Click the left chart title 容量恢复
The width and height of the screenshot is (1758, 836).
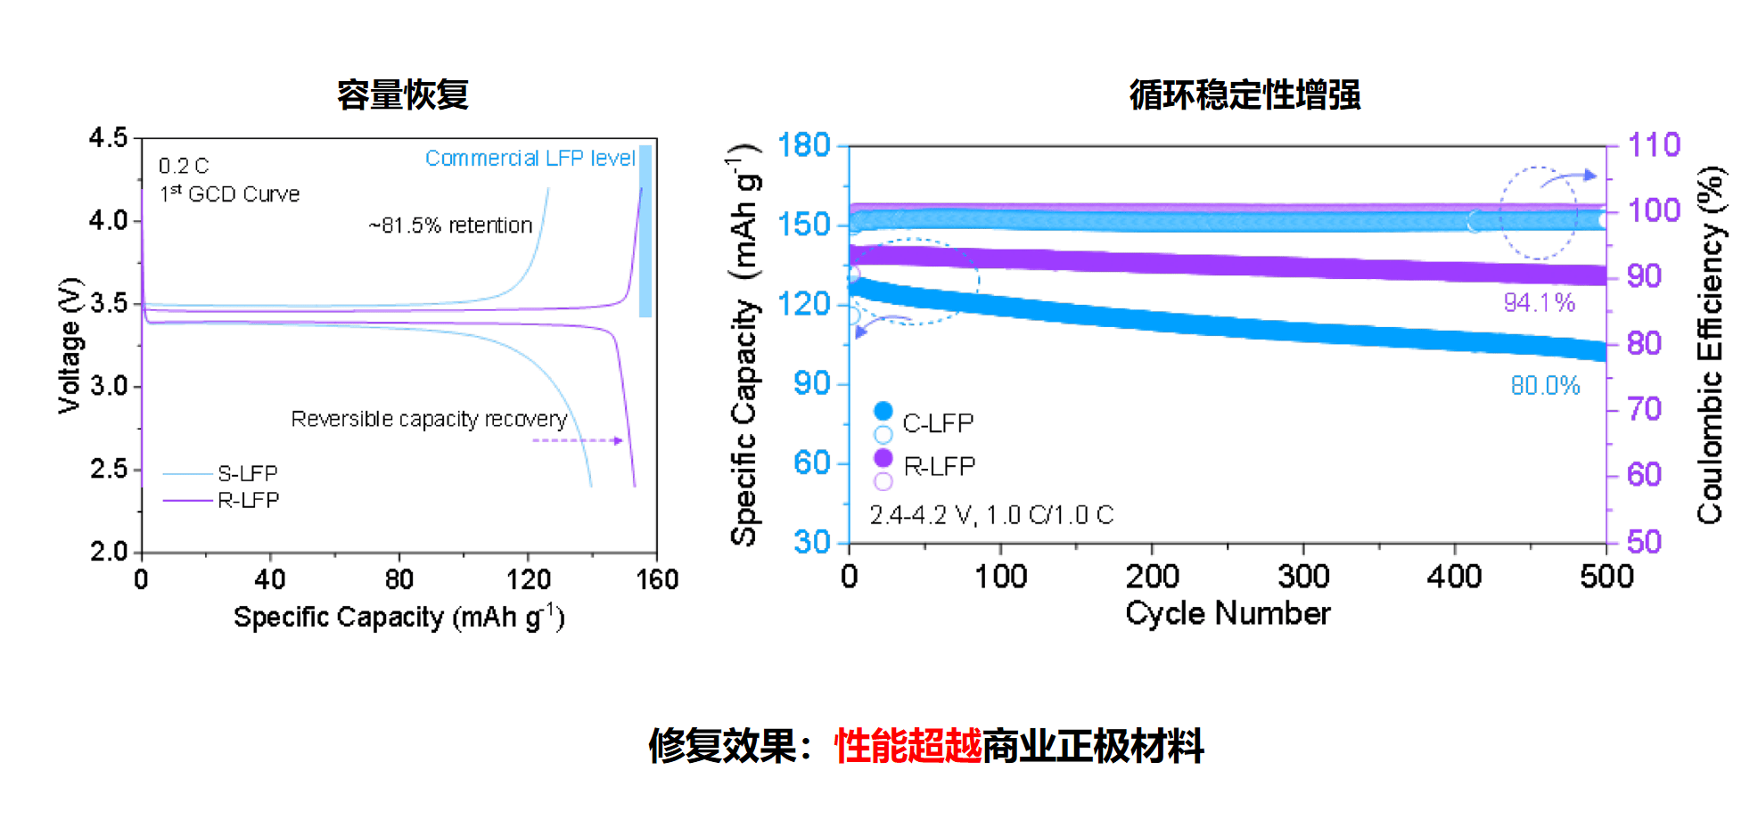pos(403,95)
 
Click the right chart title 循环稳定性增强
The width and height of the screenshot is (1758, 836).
pos(1245,95)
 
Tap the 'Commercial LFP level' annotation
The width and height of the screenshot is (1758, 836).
pos(530,159)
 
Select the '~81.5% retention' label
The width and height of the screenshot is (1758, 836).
pos(450,225)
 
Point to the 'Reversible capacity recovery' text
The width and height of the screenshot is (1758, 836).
pos(429,419)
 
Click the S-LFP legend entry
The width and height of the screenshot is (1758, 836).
pos(247,473)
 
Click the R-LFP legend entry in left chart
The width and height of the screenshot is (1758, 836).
pos(248,500)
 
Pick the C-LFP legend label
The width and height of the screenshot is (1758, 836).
pos(938,423)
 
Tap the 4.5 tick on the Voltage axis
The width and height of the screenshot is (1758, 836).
pos(109,138)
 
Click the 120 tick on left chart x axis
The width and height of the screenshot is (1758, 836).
pos(529,580)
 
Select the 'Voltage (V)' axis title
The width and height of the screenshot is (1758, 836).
pos(70,346)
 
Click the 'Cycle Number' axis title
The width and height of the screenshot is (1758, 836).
pos(1228,613)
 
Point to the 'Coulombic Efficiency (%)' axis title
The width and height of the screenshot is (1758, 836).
pos(1710,345)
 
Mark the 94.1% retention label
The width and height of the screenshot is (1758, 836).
pos(1539,303)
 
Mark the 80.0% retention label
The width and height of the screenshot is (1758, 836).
pos(1545,386)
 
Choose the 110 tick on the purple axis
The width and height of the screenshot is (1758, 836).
pos(1654,145)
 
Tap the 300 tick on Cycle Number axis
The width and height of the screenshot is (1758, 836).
pos(1303,577)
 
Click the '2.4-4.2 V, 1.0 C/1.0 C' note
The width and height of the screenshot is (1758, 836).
pos(991,515)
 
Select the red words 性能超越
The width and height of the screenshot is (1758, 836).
pos(908,746)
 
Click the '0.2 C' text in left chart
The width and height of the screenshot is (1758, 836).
pos(184,167)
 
